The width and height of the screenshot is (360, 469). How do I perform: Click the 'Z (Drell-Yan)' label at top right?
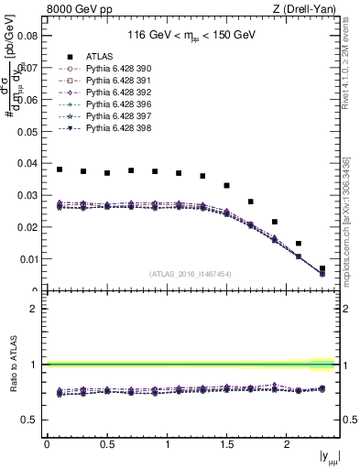tap(309, 10)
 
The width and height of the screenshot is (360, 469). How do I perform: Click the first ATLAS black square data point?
tap(60, 169)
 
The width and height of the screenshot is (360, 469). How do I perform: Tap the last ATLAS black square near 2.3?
tap(322, 268)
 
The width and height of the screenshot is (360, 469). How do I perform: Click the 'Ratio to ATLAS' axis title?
tap(12, 365)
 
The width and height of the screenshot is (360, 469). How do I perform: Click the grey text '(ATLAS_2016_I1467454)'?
tap(191, 273)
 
